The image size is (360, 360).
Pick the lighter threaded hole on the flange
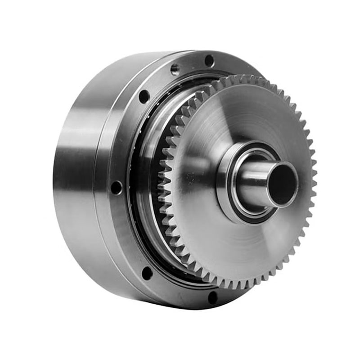tap(175, 69)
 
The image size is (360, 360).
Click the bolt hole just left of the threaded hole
tap(144, 96)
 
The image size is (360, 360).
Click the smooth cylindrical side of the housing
tap(76, 180)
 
